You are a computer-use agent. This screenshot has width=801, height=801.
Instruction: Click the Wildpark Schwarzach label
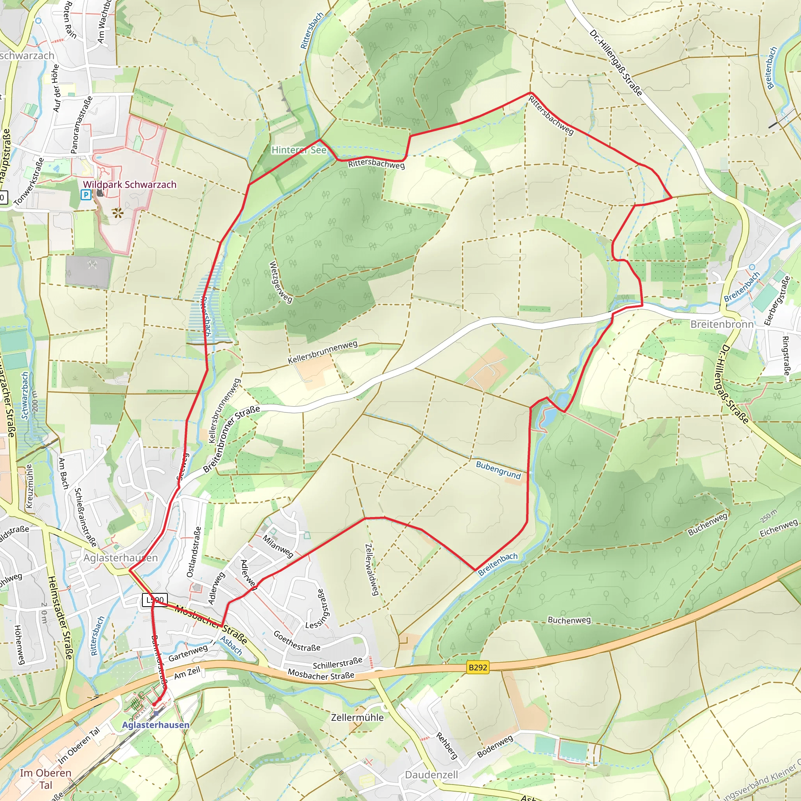[x=130, y=185]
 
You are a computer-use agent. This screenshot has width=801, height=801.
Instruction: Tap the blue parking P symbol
[x=86, y=194]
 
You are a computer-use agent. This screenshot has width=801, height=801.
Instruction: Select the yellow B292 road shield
[x=478, y=668]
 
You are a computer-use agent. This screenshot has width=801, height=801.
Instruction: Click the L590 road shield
[x=155, y=600]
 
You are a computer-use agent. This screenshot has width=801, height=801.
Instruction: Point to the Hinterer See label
[x=299, y=150]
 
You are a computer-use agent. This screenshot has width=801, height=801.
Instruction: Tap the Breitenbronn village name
[x=722, y=324]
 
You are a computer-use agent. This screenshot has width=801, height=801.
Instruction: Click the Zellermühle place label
[x=357, y=717]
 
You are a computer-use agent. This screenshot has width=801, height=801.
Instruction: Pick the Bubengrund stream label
[x=498, y=470]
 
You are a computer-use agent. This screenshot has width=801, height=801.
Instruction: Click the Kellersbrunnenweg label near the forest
[x=323, y=352]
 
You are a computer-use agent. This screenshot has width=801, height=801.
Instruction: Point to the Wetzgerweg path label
[x=281, y=282]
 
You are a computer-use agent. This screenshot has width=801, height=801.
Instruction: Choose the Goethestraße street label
[x=297, y=641]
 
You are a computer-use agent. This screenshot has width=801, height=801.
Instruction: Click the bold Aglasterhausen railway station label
[x=156, y=725]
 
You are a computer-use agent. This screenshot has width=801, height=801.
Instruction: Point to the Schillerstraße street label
[x=338, y=663]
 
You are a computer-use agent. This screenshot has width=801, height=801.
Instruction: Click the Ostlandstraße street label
[x=194, y=552]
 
